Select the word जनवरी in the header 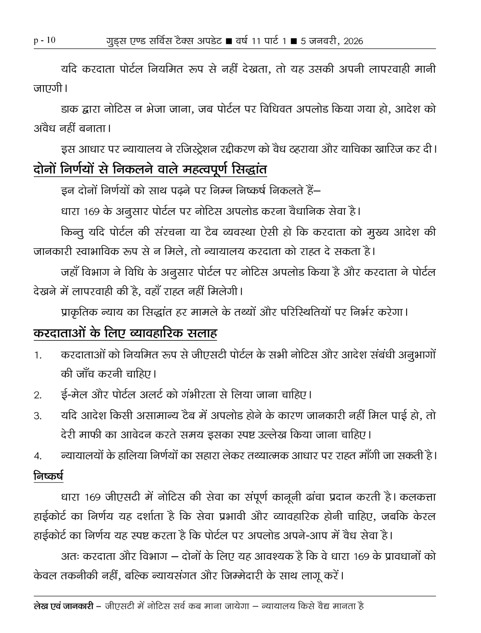pos(324,41)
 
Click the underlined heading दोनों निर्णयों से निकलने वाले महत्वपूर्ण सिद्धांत pos(150,169)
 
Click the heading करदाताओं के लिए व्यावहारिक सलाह pos(125,333)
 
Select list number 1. pos(38,355)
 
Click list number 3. pos(38,416)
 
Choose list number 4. pos(38,456)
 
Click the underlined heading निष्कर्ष pos(48,476)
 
